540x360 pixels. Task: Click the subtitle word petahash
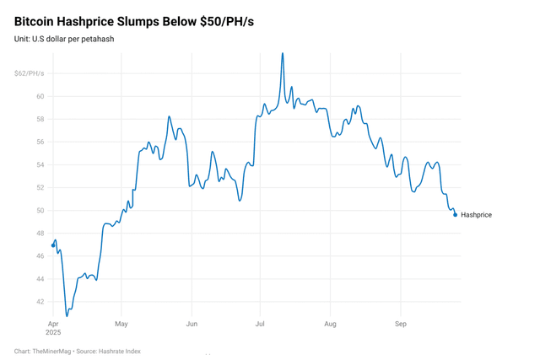click(96, 39)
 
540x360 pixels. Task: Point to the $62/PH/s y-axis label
click(29, 73)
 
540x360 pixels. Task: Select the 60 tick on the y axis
click(39, 96)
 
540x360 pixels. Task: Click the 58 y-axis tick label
click(39, 119)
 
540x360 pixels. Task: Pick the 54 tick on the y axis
click(39, 164)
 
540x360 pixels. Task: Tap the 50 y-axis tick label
click(39, 211)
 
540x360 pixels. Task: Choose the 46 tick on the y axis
click(39, 256)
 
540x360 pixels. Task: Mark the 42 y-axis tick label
click(39, 302)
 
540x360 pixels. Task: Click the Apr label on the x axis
click(52, 324)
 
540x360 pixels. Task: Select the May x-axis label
click(121, 324)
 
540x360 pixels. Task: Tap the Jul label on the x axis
click(260, 324)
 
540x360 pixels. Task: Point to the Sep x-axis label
click(401, 324)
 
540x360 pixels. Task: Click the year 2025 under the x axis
click(54, 333)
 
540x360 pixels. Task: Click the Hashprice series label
click(476, 215)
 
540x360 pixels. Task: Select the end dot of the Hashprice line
click(456, 215)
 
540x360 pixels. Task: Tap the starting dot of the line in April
click(53, 246)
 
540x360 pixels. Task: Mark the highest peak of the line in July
click(282, 53)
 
